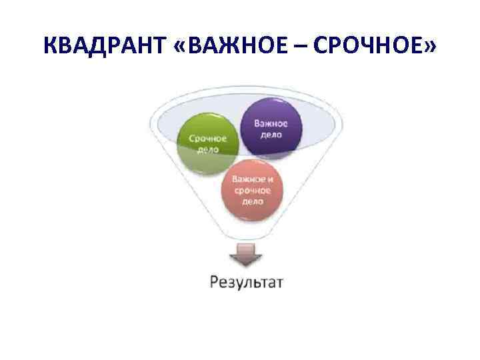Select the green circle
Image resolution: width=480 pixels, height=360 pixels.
pos(207,143)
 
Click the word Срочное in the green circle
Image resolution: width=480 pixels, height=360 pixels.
pos(207,139)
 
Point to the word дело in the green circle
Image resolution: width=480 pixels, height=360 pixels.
pos(207,150)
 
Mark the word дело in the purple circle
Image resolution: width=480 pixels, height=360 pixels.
pos(270,134)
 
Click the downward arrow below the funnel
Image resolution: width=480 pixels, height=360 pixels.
pos(246,255)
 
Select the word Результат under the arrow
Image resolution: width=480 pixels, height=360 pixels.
pos(246,281)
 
